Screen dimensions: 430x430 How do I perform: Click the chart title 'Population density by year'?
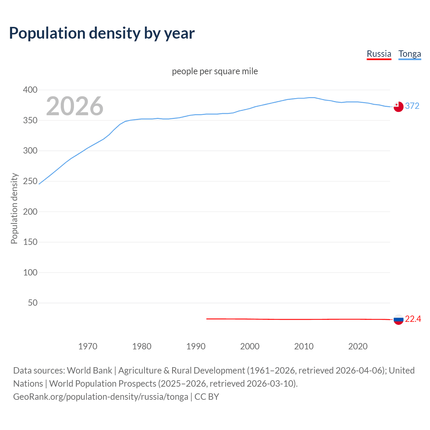(x=102, y=33)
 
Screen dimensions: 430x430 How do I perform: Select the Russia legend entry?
(x=379, y=54)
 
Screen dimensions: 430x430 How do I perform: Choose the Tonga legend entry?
(x=410, y=54)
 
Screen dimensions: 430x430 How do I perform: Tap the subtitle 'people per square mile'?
(x=215, y=71)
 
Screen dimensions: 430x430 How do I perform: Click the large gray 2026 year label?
(x=75, y=106)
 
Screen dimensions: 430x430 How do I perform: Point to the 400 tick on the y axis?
(x=30, y=90)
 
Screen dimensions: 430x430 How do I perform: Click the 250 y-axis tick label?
(x=30, y=181)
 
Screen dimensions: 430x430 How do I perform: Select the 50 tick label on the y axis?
(x=33, y=303)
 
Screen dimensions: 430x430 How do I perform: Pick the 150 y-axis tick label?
(x=30, y=242)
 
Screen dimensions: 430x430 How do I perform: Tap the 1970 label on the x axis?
(x=88, y=346)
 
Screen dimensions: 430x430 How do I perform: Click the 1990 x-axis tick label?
(x=196, y=346)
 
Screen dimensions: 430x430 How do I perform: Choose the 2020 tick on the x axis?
(x=358, y=346)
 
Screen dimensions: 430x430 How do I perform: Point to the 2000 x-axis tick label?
(x=250, y=346)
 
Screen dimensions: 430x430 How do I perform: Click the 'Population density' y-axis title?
(x=14, y=208)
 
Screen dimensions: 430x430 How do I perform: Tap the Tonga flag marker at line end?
(x=398, y=106)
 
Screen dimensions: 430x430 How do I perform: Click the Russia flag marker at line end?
(x=398, y=319)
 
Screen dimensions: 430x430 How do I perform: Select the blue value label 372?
(x=412, y=106)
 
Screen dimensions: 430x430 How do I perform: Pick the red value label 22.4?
(x=413, y=319)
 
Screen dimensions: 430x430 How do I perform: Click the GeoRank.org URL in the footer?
(x=100, y=397)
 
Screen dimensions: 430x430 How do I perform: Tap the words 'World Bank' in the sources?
(x=89, y=371)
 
